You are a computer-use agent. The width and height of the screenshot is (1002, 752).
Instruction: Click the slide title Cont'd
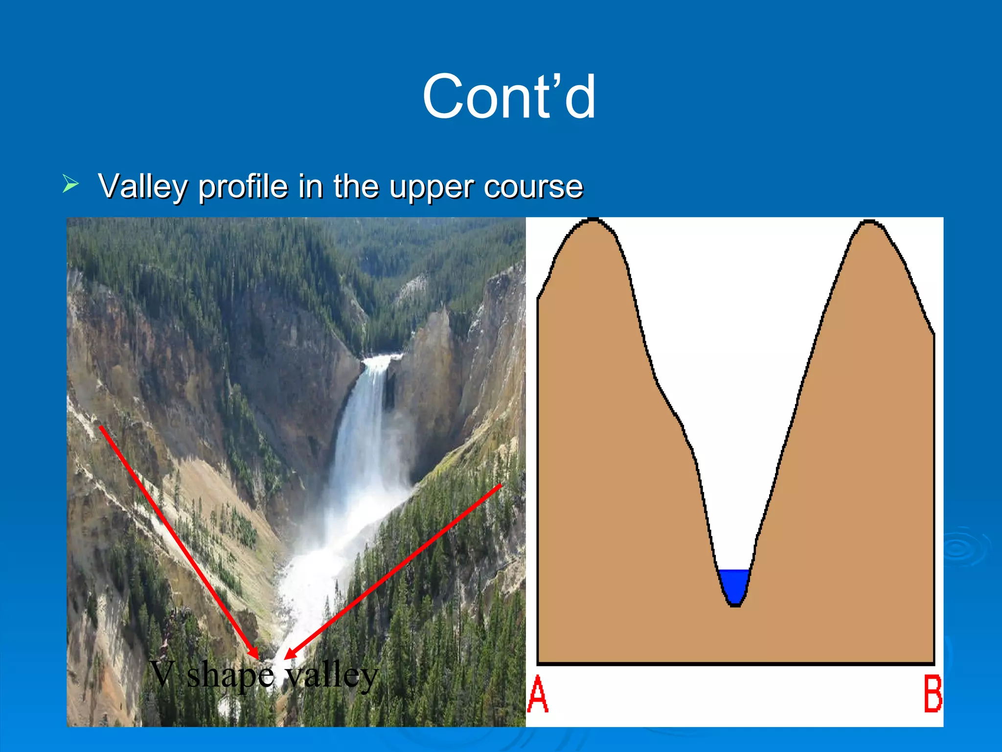click(509, 96)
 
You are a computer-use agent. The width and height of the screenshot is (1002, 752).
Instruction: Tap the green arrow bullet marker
click(70, 185)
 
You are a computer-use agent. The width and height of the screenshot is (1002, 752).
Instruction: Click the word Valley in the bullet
click(144, 187)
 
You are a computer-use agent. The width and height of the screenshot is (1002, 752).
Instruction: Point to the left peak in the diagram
click(593, 223)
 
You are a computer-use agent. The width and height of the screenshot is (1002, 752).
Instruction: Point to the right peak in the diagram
click(869, 224)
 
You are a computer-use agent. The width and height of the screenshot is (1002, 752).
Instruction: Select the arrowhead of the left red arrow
click(254, 654)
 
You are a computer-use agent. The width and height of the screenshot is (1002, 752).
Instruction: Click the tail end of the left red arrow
click(101, 427)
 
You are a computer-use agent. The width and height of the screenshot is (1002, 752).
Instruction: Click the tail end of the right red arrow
click(501, 486)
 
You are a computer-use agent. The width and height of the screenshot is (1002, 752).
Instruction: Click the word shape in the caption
click(230, 676)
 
